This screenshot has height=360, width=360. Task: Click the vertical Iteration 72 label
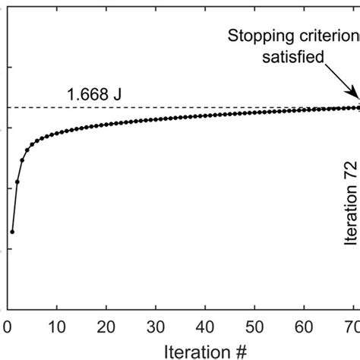(350, 201)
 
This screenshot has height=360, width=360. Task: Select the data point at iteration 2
(17, 182)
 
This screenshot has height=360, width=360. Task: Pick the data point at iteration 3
(22, 160)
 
